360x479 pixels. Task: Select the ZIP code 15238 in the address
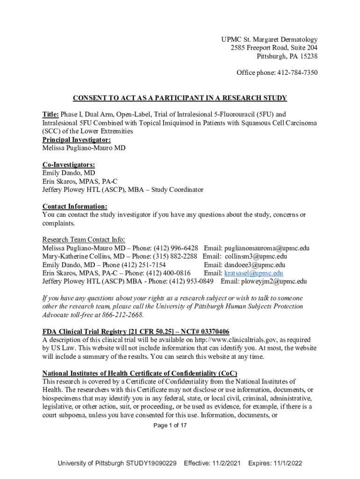[x=307, y=57]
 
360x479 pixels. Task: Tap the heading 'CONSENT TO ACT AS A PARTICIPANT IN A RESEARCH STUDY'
[x=180, y=98]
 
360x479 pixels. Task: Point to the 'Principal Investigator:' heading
[x=77, y=140]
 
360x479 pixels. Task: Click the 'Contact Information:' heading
[x=75, y=206]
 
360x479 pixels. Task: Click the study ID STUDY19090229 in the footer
[x=151, y=463]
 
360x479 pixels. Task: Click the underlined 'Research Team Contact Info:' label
[x=84, y=239]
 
